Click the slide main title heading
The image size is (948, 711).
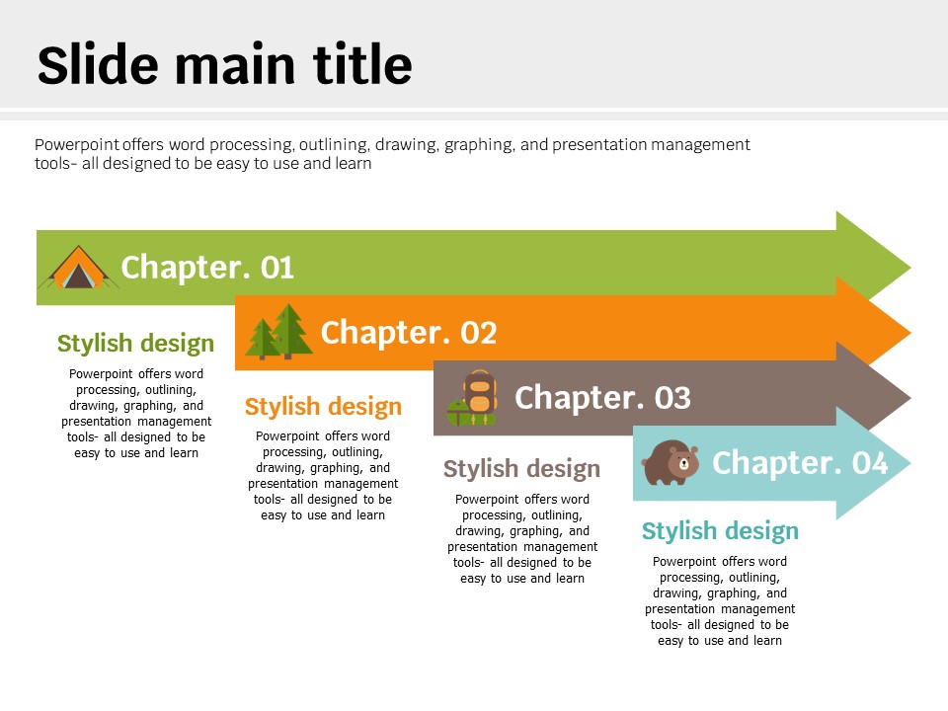click(224, 63)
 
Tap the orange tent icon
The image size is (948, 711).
click(79, 267)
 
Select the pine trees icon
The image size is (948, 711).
click(278, 332)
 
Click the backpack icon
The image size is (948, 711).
click(472, 398)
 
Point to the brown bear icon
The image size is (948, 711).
click(671, 462)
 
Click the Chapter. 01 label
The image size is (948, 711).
click(207, 268)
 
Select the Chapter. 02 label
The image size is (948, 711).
click(409, 332)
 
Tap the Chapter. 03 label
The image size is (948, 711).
click(602, 397)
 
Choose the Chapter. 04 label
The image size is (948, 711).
click(800, 462)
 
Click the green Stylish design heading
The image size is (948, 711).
click(136, 343)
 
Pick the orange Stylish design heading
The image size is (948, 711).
click(324, 406)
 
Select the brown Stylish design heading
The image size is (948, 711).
click(521, 468)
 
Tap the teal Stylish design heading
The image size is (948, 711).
click(720, 531)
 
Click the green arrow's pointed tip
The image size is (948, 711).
click(909, 268)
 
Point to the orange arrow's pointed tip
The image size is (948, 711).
click(909, 333)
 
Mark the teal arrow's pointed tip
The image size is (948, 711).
click(909, 463)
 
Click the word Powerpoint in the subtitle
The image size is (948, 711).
click(77, 144)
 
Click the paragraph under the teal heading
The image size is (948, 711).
click(720, 601)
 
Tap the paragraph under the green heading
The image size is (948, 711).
click(136, 414)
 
